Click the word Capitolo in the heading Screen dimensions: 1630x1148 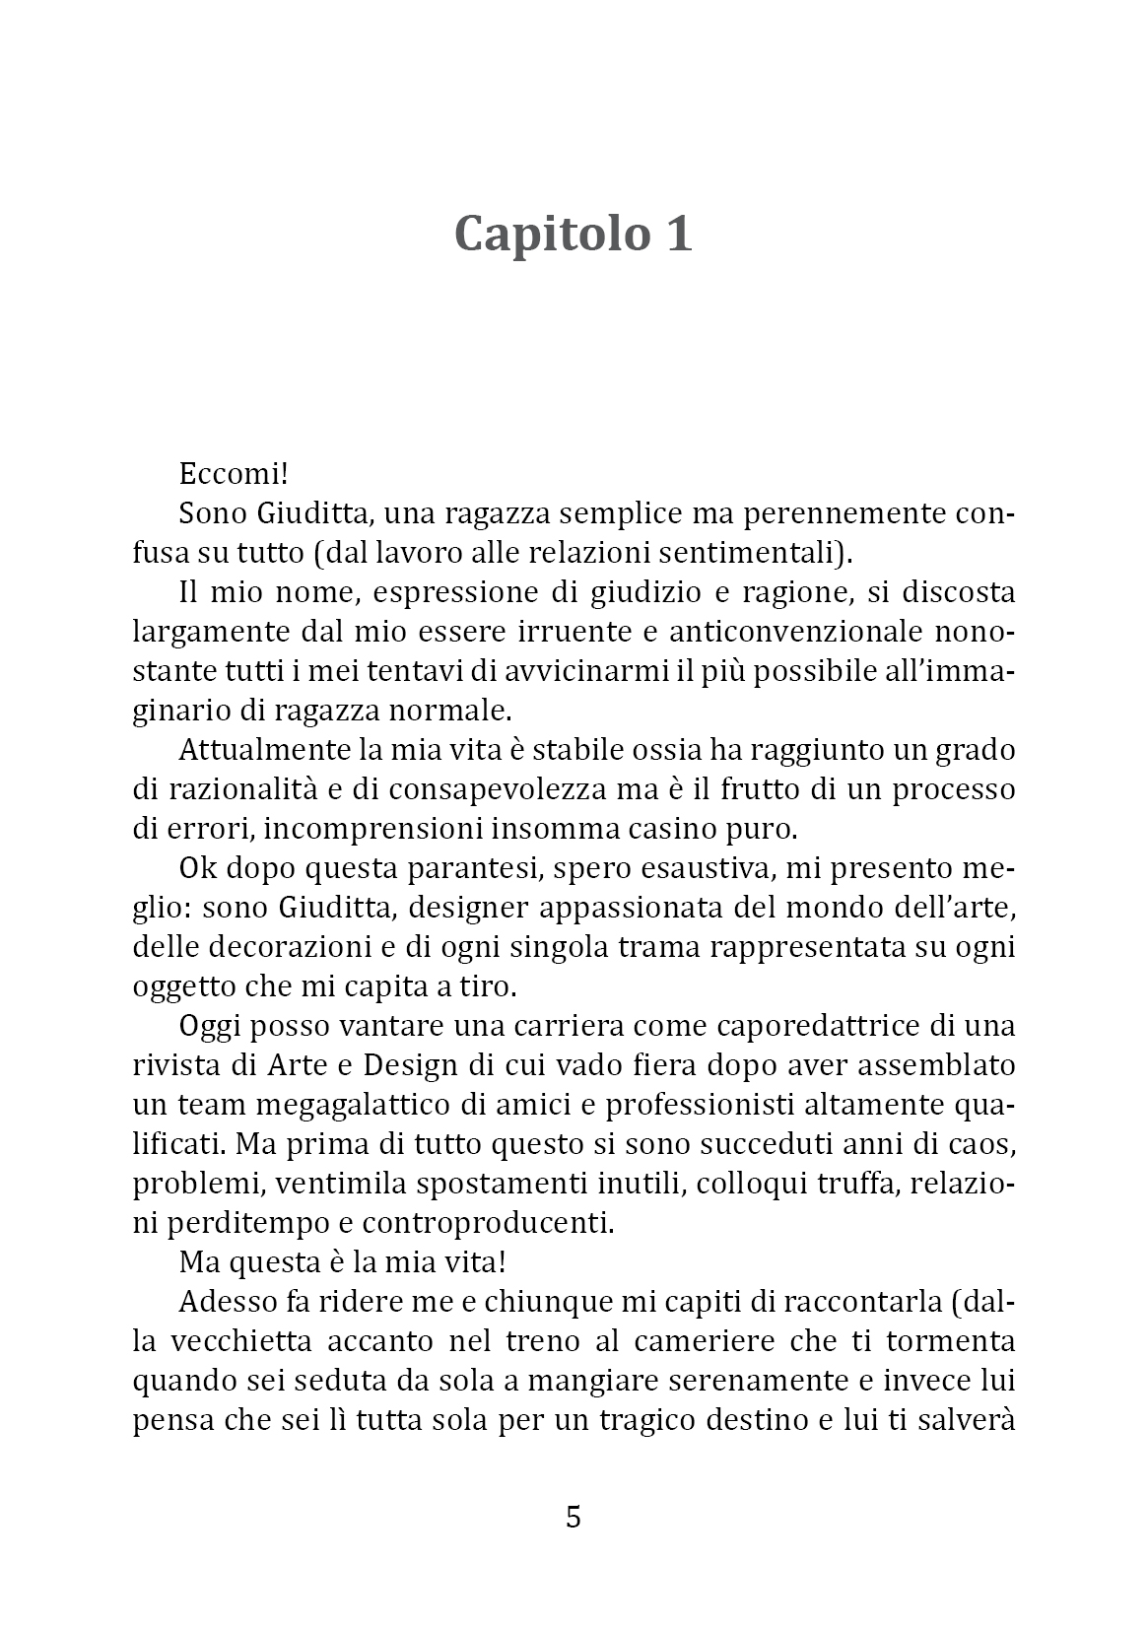tap(540, 235)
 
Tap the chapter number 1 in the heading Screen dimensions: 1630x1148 tap(676, 235)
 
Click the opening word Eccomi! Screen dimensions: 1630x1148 tap(234, 473)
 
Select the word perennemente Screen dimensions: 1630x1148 tap(839, 513)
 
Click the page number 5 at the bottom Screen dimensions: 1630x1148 tap(574, 1517)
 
